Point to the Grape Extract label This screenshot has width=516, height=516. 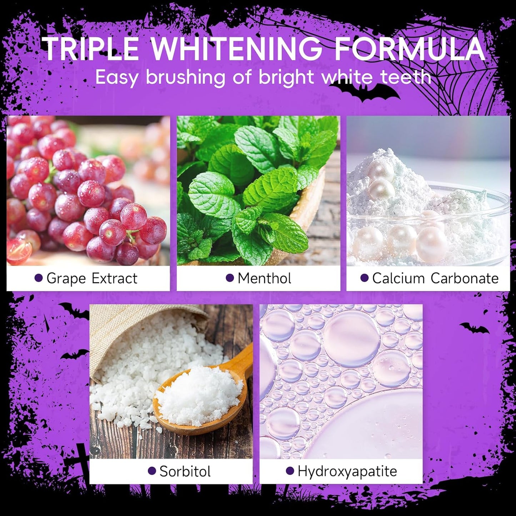point(92,278)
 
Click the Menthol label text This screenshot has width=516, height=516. point(264,278)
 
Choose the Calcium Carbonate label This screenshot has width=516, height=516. point(435,278)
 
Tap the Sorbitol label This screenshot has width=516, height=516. point(185,471)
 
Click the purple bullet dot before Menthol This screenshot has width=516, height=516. point(230,278)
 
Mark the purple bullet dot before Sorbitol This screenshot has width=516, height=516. point(152,471)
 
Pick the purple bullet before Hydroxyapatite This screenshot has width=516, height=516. point(290,471)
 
